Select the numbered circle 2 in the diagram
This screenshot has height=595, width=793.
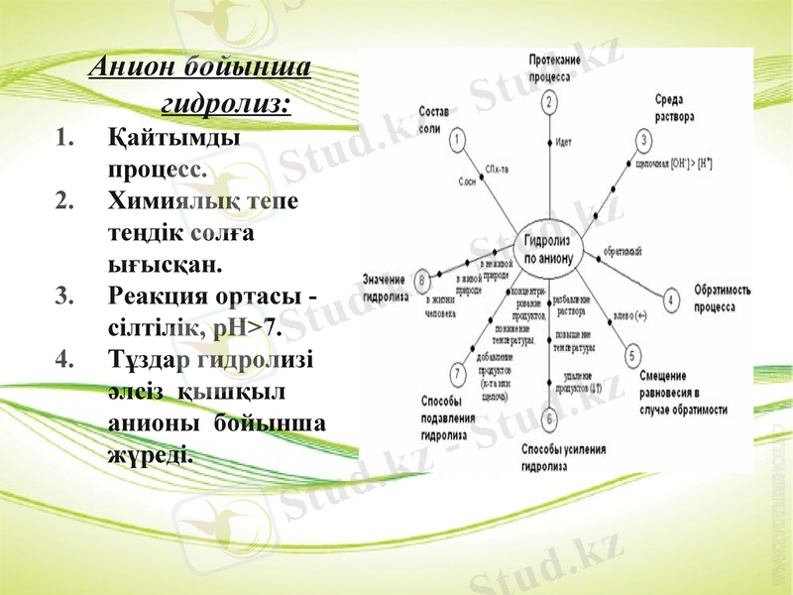coord(549,101)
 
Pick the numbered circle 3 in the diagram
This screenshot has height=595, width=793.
coord(645,140)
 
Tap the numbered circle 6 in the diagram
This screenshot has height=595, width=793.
coord(549,418)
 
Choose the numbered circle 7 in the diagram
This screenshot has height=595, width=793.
coord(457,373)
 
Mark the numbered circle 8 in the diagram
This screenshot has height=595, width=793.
coord(424,280)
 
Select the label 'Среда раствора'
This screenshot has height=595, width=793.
coord(674,106)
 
